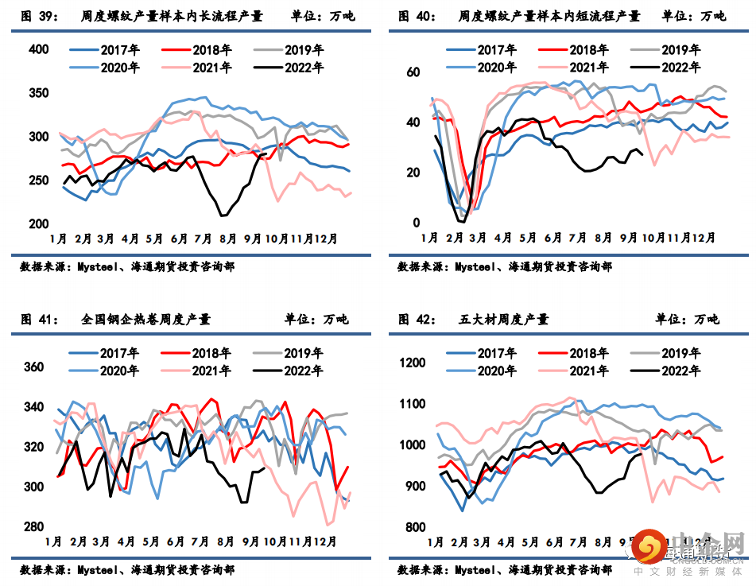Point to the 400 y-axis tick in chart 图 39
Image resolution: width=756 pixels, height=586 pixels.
39,49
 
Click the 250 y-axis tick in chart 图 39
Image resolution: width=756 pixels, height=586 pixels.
39,180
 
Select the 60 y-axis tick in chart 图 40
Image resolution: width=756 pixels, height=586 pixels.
413,72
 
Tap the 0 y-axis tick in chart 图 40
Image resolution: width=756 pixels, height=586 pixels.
416,223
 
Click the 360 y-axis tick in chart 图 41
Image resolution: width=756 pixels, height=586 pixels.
34,367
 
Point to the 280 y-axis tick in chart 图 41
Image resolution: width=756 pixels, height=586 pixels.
34,526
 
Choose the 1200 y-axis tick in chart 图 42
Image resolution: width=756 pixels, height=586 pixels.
413,363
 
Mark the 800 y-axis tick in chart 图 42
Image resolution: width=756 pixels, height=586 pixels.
416,526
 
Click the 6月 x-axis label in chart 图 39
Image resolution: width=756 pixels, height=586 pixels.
179,238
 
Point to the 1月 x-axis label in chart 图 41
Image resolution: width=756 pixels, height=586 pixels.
54,541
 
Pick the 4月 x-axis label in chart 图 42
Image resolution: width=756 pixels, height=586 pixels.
506,542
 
